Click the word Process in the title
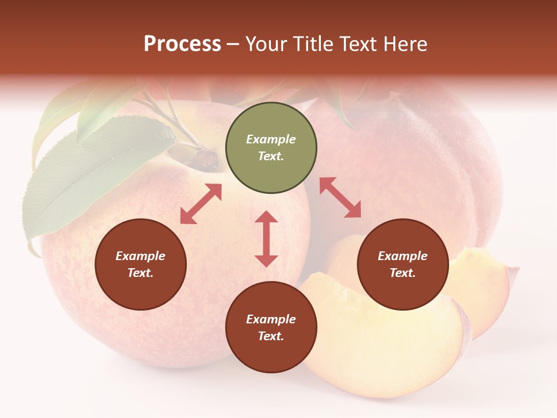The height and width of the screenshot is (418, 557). tap(182, 44)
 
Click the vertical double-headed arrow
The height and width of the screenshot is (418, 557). tap(266, 239)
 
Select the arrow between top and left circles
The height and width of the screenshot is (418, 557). tap(201, 204)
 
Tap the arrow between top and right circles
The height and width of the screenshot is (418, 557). tap(340, 197)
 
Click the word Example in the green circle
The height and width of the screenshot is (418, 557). tap(271, 139)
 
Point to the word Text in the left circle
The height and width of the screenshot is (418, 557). tap(140, 273)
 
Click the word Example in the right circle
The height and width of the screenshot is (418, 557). tap(403, 256)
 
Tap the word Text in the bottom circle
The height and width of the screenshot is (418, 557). tap(271, 336)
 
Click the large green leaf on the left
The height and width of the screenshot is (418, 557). tap(87, 174)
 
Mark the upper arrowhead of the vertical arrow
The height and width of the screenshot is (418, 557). tap(266, 217)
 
